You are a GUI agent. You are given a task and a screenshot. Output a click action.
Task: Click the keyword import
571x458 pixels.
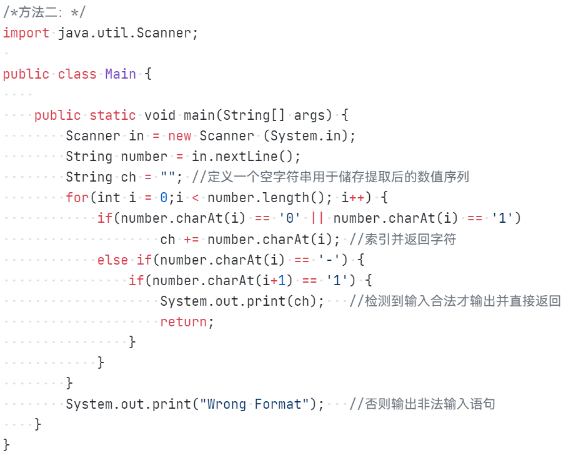click(x=26, y=33)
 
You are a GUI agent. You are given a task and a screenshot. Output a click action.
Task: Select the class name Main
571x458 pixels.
click(x=121, y=74)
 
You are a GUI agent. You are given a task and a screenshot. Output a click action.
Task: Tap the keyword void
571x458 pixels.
click(x=160, y=115)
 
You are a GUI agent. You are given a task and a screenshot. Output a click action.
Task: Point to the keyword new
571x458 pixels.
click(x=180, y=136)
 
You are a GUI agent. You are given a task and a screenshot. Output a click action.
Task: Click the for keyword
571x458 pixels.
click(x=77, y=198)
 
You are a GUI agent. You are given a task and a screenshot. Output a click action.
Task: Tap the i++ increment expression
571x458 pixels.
click(x=354, y=198)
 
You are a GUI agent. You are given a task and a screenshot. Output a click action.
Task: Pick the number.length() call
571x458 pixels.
click(x=267, y=198)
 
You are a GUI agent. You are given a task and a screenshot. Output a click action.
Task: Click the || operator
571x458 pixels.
click(x=317, y=218)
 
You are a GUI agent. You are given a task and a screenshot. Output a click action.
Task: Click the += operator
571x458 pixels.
click(x=191, y=239)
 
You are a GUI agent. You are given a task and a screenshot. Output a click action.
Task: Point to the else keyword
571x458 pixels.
click(x=112, y=260)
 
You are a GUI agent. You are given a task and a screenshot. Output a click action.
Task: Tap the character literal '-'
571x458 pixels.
click(x=329, y=260)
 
